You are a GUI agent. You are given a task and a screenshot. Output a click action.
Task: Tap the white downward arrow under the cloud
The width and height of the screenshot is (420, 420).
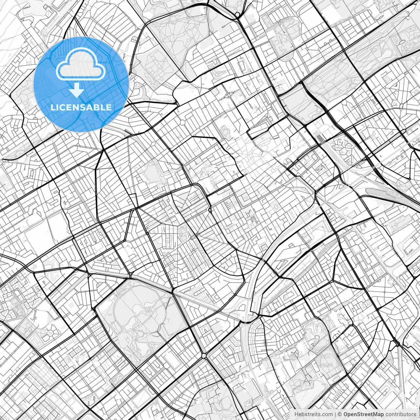[x=77, y=90]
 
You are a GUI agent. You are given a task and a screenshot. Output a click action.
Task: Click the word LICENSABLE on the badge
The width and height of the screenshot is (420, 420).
[x=81, y=107]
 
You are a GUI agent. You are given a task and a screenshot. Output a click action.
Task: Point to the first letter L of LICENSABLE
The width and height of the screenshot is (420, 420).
[x=52, y=107]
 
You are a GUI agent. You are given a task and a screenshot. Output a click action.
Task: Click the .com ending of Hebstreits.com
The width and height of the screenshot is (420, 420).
[x=327, y=414]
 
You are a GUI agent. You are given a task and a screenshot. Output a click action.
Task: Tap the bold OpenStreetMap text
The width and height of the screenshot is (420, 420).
[x=364, y=414]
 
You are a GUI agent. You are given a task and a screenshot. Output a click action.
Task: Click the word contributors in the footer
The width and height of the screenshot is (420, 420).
[x=401, y=414]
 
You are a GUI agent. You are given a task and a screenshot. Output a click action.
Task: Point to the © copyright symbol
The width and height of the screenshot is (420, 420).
[x=340, y=414]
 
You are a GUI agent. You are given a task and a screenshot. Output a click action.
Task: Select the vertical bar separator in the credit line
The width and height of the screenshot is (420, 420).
[x=335, y=414]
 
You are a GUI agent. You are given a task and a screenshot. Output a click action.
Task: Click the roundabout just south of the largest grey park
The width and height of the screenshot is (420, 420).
[x=204, y=355]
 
